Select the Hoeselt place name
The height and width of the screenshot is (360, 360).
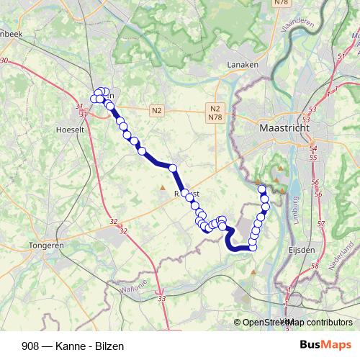[71, 130]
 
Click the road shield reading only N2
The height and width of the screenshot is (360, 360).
[157, 110]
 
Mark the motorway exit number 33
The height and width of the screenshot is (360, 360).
[161, 298]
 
